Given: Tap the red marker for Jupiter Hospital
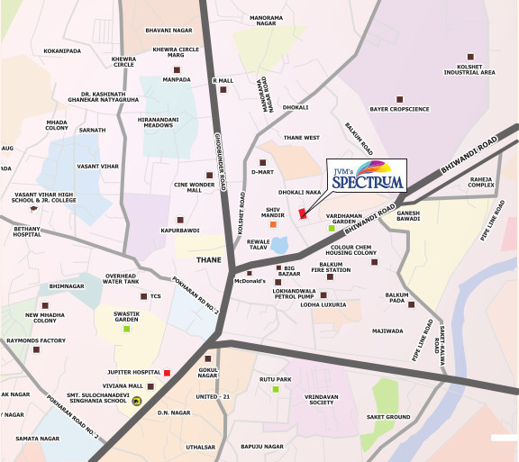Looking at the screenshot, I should pyautogui.click(x=167, y=372).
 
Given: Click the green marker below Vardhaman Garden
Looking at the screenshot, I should pyautogui.click(x=332, y=229).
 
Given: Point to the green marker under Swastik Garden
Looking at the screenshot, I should pyautogui.click(x=126, y=328).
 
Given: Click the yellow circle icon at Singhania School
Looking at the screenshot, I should pyautogui.click(x=136, y=402).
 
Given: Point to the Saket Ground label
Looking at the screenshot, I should pyautogui.click(x=388, y=417).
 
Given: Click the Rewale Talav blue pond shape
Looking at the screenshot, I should pyautogui.click(x=280, y=244).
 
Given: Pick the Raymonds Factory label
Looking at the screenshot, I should pyautogui.click(x=33, y=341).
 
